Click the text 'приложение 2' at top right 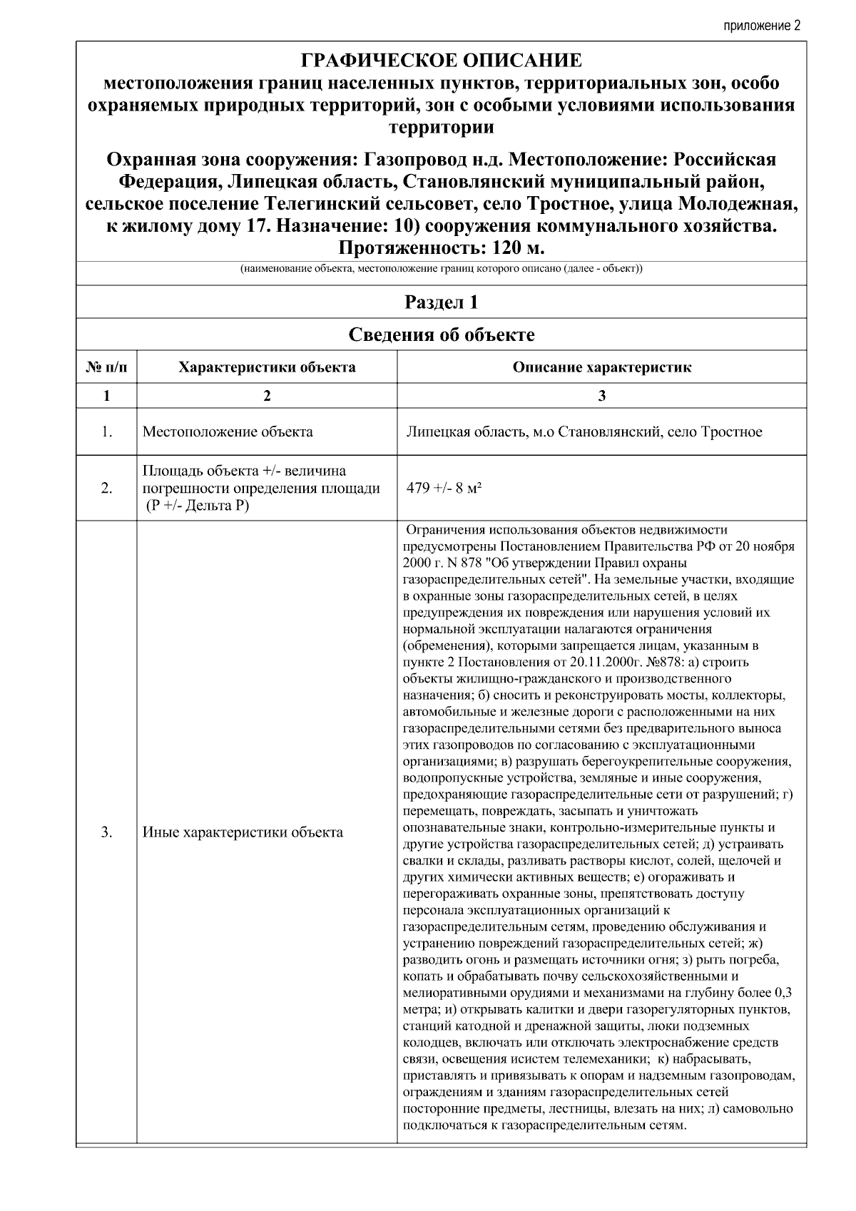click(762, 26)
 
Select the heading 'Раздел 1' click(441, 302)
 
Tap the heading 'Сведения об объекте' click(441, 334)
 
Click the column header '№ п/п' click(106, 367)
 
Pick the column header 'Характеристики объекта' click(267, 367)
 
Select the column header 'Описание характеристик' click(601, 367)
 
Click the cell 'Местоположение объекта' click(228, 431)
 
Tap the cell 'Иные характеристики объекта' click(243, 832)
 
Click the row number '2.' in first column click(106, 489)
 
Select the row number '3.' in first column click(106, 832)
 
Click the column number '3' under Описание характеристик click(601, 396)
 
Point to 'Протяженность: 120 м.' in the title click(441, 248)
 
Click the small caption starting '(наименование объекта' click(441, 270)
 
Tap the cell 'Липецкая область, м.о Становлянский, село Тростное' click(584, 431)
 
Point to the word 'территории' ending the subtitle click(441, 128)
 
